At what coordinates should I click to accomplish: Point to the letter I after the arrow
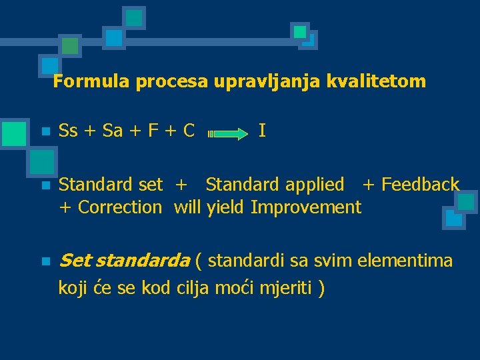(x=262, y=130)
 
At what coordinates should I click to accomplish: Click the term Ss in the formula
(x=68, y=130)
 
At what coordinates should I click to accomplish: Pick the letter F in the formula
(x=153, y=130)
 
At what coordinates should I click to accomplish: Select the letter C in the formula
(x=189, y=130)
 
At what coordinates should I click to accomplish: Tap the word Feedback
(x=420, y=184)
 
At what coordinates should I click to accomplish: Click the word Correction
(x=120, y=207)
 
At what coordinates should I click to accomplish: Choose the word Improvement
(x=306, y=207)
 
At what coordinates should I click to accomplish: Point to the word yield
(x=226, y=207)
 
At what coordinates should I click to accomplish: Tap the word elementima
(x=405, y=259)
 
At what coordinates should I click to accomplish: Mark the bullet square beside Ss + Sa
(x=45, y=131)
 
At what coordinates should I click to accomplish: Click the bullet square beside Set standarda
(x=45, y=261)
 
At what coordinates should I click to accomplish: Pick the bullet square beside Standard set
(x=45, y=185)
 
